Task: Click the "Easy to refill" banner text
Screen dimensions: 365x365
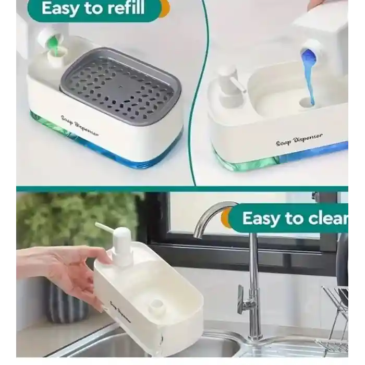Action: (93, 9)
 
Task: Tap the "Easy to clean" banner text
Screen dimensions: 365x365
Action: (295, 218)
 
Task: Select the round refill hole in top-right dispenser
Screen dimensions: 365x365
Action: (307, 102)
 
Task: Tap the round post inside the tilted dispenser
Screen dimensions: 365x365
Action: (156, 308)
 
